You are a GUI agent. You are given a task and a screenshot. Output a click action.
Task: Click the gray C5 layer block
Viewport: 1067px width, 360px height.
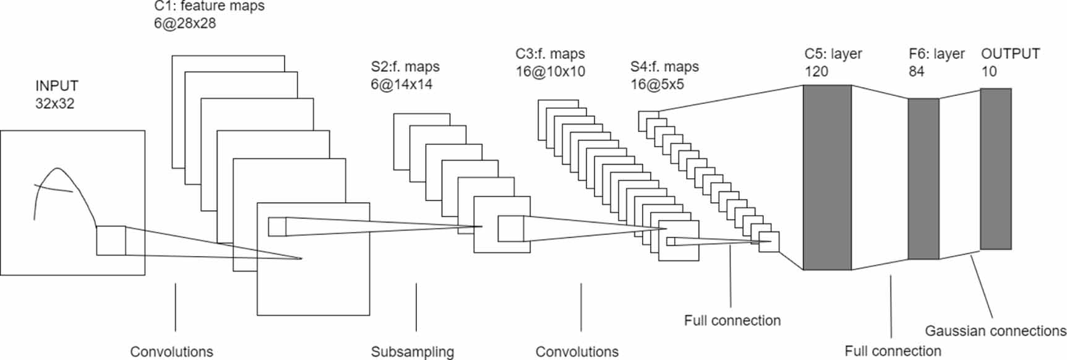tap(827, 178)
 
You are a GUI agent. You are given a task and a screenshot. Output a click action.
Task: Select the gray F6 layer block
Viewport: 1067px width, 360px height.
tap(923, 179)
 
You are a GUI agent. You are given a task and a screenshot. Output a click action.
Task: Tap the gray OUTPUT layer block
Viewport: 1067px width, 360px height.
tap(995, 169)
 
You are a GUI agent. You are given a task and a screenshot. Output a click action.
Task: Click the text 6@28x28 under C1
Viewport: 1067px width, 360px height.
tap(185, 24)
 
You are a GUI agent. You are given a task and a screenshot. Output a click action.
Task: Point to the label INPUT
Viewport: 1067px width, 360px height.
tap(57, 86)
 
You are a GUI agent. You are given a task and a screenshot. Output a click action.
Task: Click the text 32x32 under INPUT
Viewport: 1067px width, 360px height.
tap(54, 103)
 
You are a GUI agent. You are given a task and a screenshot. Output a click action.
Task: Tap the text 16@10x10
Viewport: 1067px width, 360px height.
tap(551, 71)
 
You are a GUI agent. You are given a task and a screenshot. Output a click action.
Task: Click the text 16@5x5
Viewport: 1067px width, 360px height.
tap(657, 84)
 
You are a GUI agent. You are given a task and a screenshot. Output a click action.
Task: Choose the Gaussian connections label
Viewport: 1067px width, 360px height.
tap(995, 331)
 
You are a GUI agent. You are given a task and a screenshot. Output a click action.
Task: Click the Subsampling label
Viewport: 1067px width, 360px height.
tap(412, 352)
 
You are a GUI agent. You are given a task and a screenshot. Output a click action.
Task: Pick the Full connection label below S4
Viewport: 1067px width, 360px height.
tap(732, 320)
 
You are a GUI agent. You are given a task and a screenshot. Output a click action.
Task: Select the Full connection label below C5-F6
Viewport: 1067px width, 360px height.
tap(893, 351)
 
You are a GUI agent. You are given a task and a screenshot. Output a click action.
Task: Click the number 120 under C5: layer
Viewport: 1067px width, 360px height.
tap(816, 71)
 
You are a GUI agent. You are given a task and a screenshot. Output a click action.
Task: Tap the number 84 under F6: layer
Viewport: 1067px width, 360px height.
tap(916, 71)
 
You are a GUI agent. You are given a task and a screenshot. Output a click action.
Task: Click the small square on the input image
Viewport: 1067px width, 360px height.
tap(111, 241)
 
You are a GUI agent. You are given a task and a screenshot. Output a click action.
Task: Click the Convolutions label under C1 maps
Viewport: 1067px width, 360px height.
tap(171, 352)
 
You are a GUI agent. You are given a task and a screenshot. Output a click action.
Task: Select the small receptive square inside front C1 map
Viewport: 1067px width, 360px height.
tap(277, 226)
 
